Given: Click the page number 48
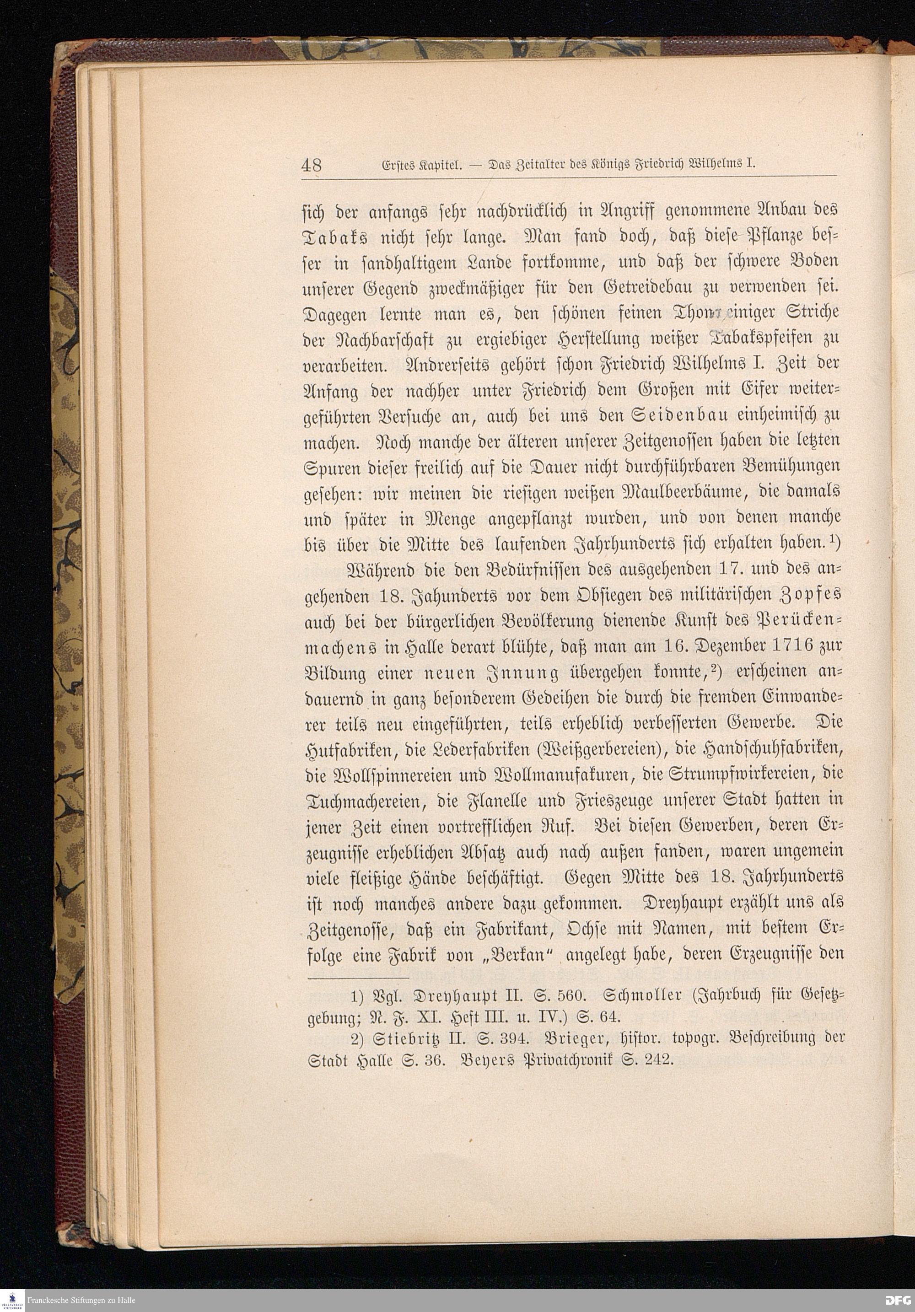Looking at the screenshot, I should (312, 165).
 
